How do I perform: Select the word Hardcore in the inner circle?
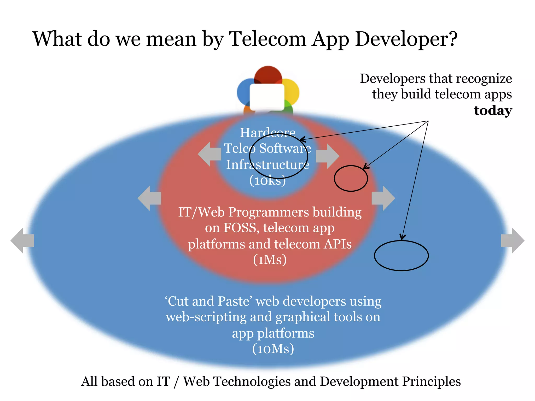coord(267,132)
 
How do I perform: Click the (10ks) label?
coord(267,180)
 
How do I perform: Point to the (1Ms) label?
coord(270,260)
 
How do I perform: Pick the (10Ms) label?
coord(273,349)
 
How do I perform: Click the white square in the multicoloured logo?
coord(267,97)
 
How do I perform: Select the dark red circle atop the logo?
coord(268,75)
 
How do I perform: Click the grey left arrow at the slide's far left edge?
coord(22,240)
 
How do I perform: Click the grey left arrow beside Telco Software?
coord(210,154)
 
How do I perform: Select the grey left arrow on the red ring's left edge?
coord(149,198)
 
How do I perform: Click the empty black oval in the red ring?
coord(351,178)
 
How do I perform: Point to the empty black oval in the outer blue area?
coord(401,256)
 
